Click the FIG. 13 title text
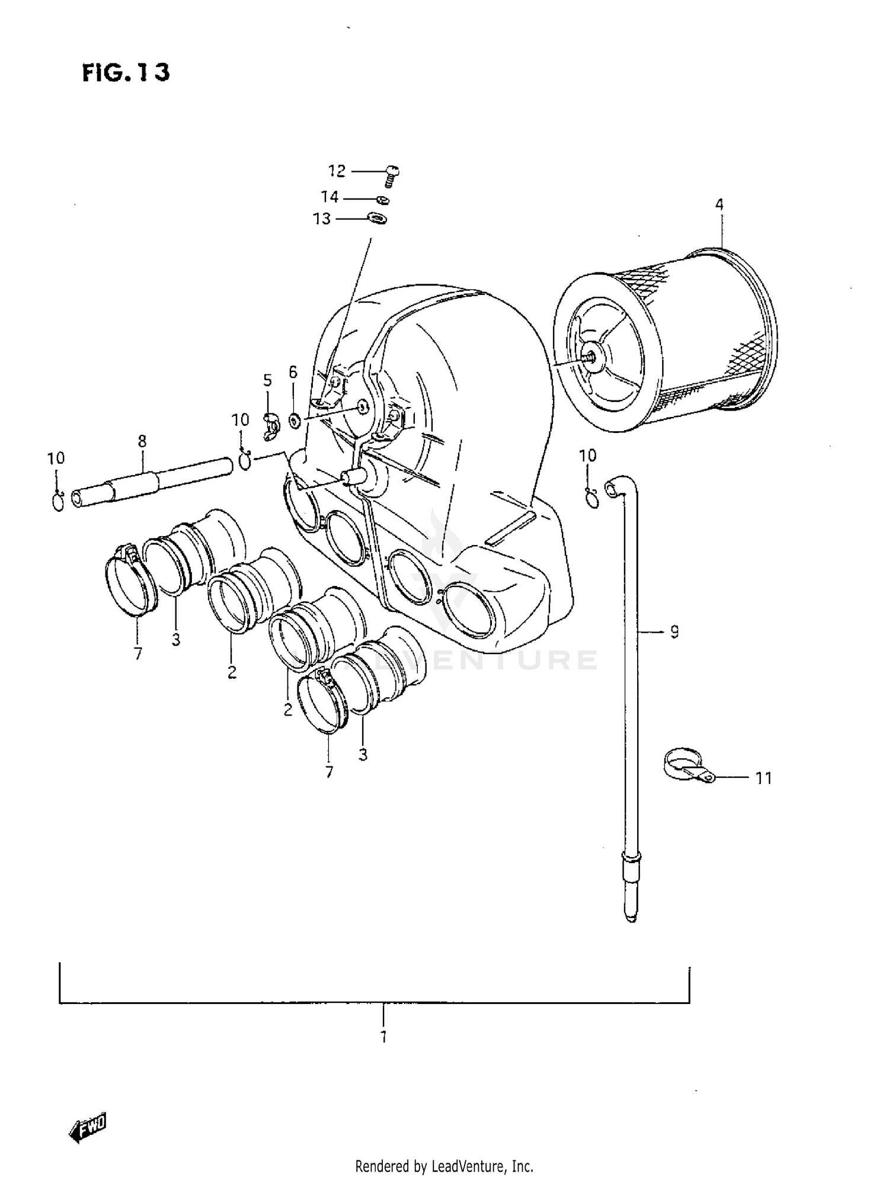pos(126,72)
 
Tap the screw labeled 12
pos(391,175)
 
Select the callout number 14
pos(330,197)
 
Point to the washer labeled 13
pos(377,219)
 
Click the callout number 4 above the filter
pos(719,205)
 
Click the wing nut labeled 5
pos(271,426)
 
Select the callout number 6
pos(293,372)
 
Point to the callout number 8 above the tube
pos(142,441)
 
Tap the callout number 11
pos(764,778)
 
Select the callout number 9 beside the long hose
pos(674,632)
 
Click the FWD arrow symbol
pos(88,1128)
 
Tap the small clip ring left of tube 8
pos(57,502)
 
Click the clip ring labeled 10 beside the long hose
pos(591,498)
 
